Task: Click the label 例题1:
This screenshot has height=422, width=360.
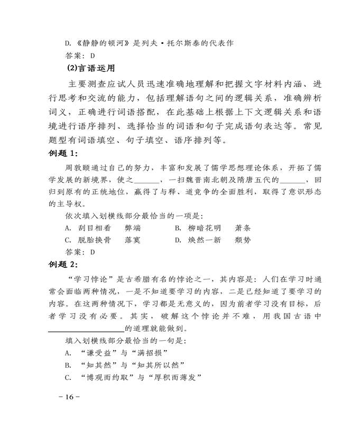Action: [63, 154]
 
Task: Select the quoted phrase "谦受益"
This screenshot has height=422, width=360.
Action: [99, 352]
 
